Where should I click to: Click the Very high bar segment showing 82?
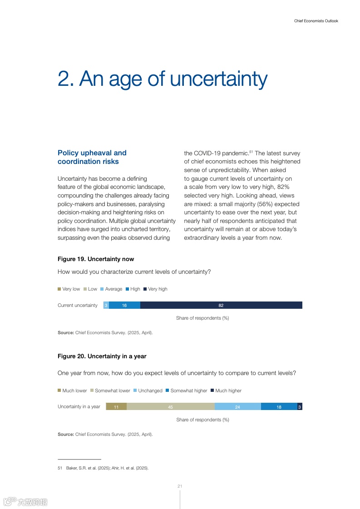coord(221,305)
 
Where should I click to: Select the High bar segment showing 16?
coord(124,305)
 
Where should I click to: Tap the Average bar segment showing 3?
coord(106,305)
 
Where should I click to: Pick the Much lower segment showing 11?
coord(116,407)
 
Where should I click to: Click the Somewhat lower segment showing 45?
coord(170,407)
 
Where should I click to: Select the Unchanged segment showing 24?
coord(237,407)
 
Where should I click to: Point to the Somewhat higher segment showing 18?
coord(279,407)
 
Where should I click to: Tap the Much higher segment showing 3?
coord(300,407)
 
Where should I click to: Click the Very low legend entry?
coord(69,289)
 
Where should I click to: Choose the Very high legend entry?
coord(155,289)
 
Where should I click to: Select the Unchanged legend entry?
coord(148,390)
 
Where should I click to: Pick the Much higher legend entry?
coord(226,390)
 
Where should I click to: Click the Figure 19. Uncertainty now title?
coord(96,259)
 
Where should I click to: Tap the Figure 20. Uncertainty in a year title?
coord(102,356)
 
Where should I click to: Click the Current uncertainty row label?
coord(78,305)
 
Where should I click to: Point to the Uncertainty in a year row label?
coord(79,407)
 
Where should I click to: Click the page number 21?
coord(180,486)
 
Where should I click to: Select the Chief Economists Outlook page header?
coord(316,21)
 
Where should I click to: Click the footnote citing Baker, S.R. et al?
coord(103,468)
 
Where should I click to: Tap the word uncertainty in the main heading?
coord(219,79)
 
